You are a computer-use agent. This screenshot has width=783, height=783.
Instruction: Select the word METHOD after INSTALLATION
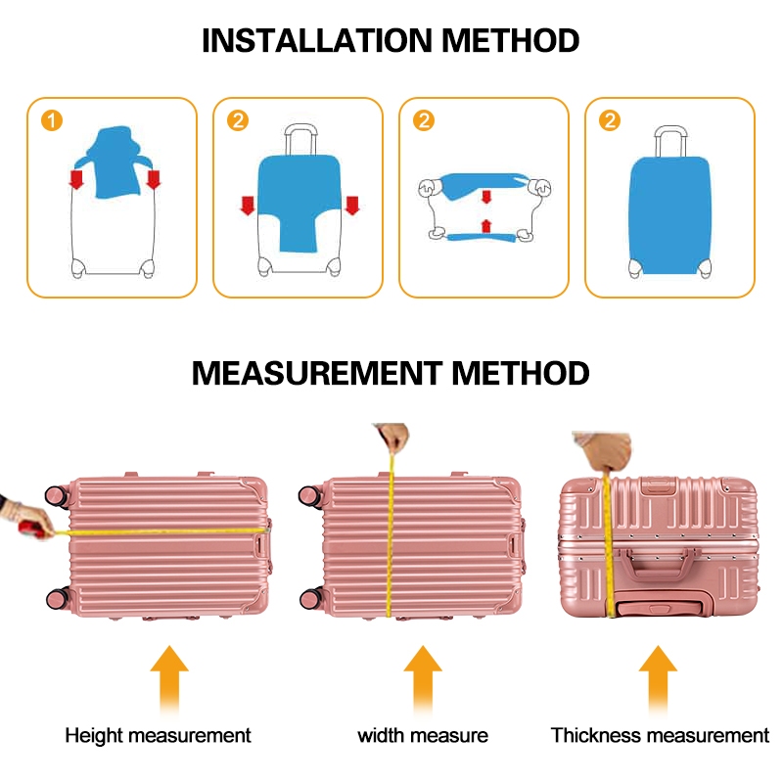[511, 41]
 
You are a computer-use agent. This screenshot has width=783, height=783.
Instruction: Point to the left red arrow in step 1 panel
[75, 179]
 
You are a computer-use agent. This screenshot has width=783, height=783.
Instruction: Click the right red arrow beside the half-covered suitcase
[352, 205]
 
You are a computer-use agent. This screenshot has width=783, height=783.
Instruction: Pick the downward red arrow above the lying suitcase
[486, 197]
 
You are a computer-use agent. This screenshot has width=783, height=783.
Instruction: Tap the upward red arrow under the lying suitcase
[486, 226]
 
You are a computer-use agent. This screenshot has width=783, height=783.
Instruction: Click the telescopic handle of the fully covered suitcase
[669, 141]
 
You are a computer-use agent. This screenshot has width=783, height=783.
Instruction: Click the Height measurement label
[159, 735]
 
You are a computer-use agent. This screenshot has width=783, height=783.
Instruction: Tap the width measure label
[423, 735]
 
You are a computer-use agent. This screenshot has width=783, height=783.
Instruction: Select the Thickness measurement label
[660, 735]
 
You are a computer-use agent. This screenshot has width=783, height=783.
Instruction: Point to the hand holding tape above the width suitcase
[393, 437]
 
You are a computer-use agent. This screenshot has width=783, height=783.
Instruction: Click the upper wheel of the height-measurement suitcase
[57, 495]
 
